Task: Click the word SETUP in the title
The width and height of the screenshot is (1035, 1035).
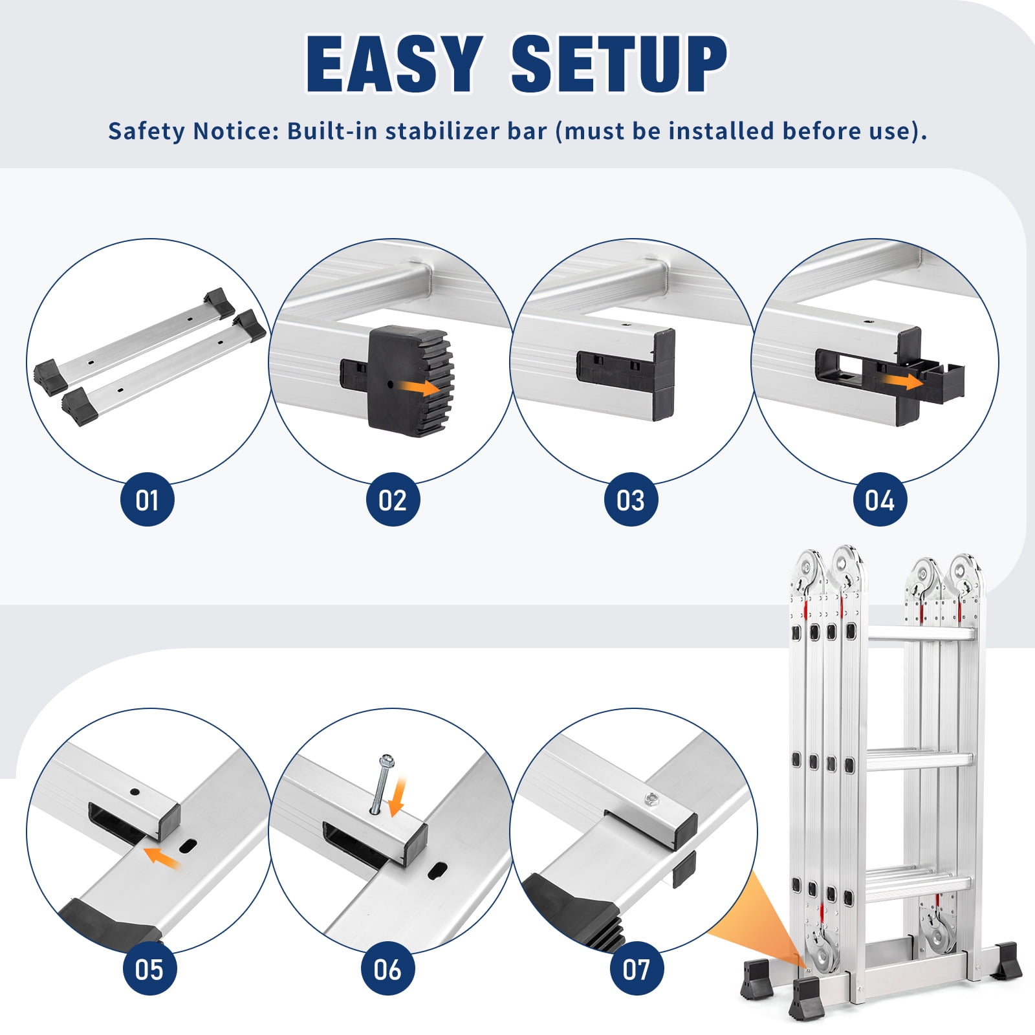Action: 619,64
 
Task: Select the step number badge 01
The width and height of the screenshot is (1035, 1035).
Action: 147,499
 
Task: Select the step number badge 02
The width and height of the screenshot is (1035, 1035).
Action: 393,499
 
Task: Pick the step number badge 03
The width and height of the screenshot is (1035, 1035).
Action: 631,499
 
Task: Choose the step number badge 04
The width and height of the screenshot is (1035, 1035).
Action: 880,499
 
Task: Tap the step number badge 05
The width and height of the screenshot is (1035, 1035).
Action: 149,969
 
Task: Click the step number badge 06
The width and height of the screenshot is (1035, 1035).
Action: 387,969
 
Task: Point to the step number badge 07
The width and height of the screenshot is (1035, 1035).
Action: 637,969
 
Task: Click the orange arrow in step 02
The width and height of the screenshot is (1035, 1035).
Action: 419,388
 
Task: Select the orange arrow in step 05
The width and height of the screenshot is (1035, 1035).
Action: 161,856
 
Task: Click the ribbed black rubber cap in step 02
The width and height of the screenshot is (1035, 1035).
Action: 410,380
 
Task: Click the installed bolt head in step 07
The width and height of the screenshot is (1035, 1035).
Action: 651,801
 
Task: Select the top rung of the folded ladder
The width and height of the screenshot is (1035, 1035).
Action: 920,633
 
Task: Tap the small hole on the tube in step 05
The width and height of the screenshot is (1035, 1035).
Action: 135,791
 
